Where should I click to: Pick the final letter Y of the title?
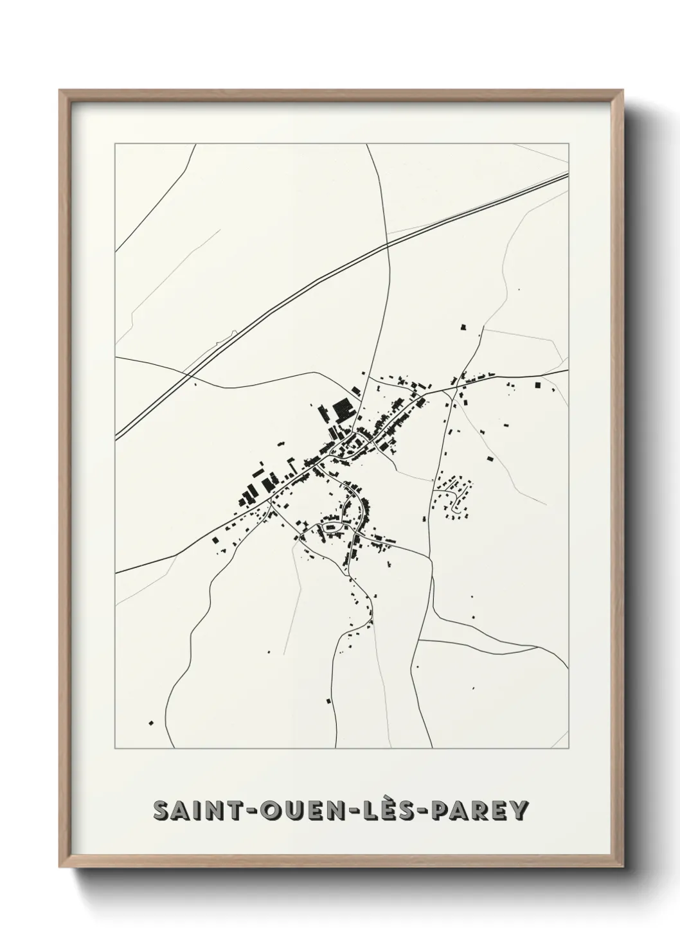(x=518, y=811)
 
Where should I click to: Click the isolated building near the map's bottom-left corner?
(x=152, y=723)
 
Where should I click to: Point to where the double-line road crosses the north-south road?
(x=388, y=244)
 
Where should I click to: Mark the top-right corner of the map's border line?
(x=569, y=143)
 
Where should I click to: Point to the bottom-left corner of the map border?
(x=115, y=749)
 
